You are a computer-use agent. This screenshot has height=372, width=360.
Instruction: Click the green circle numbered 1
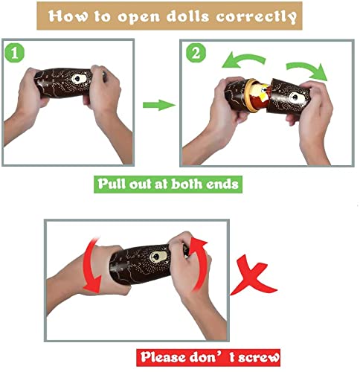[14, 53]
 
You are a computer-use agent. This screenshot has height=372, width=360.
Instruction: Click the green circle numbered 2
[196, 53]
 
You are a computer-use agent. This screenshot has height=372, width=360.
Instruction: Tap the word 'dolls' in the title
[187, 16]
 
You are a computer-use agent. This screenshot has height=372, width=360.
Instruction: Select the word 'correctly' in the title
[256, 17]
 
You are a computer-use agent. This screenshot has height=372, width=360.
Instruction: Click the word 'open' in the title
[138, 17]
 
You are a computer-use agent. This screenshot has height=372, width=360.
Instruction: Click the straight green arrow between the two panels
[159, 105]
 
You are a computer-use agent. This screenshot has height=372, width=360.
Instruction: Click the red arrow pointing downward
[91, 266]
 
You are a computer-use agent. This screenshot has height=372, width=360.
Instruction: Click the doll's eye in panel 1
[79, 79]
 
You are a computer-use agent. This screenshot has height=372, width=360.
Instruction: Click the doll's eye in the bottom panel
[158, 257]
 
